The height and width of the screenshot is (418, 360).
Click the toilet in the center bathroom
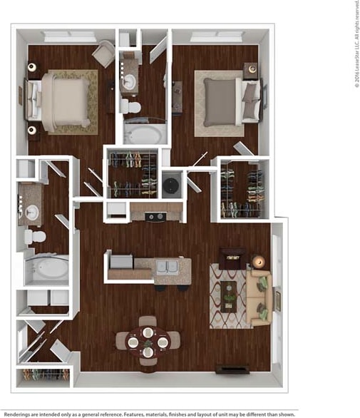tap(130, 106)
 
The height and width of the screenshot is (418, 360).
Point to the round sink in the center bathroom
tap(129, 81)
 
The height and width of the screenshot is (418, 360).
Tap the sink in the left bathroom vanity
tap(31, 212)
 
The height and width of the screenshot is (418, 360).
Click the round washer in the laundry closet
tap(172, 185)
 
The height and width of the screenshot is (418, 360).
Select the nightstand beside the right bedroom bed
tap(250, 69)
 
